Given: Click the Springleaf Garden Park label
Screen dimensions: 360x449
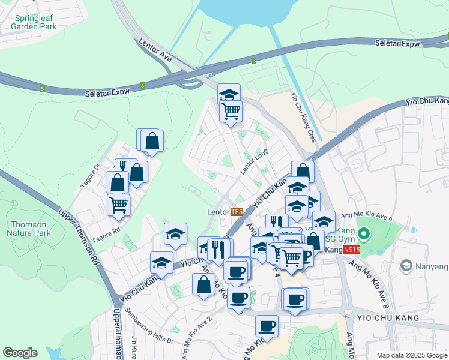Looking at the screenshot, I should click(34, 22).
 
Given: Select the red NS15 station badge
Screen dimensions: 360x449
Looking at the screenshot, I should click(352, 248).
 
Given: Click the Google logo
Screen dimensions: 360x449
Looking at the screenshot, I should click(20, 353).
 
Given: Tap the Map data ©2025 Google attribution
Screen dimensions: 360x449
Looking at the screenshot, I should click(412, 355).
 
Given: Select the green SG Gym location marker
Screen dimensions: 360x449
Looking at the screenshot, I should click(364, 233).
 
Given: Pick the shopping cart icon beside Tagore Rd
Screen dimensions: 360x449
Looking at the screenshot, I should click(118, 205).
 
